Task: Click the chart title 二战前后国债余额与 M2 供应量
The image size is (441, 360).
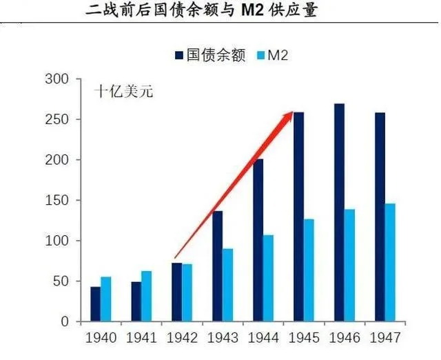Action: (x=201, y=12)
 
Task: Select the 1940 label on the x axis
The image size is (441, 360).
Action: (x=100, y=339)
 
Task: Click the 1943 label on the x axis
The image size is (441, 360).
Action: (x=222, y=339)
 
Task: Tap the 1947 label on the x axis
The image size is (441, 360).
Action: (x=384, y=339)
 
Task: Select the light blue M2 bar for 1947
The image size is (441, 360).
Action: (x=390, y=263)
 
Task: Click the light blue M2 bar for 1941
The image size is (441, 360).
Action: (x=146, y=297)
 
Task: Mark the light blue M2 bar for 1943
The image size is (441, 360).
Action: (x=227, y=285)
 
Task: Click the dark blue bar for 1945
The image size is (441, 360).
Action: (x=298, y=217)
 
